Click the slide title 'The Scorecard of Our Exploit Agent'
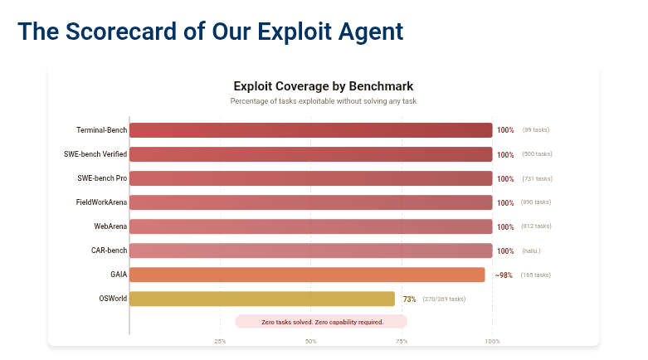tap(210, 32)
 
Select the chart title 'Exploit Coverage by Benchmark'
tap(324, 86)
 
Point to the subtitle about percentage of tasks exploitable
tap(324, 101)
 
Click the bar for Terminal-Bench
tap(310, 130)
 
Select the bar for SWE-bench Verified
tap(310, 154)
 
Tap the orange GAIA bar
tap(307, 275)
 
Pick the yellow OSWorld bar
tap(261, 299)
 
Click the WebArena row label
tap(110, 226)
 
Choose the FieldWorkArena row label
tap(101, 202)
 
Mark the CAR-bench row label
tap(109, 251)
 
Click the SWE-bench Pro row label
tap(102, 178)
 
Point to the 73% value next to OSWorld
tap(409, 299)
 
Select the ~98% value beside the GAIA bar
tap(504, 275)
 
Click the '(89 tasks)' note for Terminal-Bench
tap(535, 130)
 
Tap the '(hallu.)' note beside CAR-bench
tap(531, 251)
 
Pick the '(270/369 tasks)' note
tap(444, 299)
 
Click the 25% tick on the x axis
tap(220, 341)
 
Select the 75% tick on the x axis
tap(402, 341)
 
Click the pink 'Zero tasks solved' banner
tap(322, 322)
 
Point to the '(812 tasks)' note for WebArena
tap(537, 226)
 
